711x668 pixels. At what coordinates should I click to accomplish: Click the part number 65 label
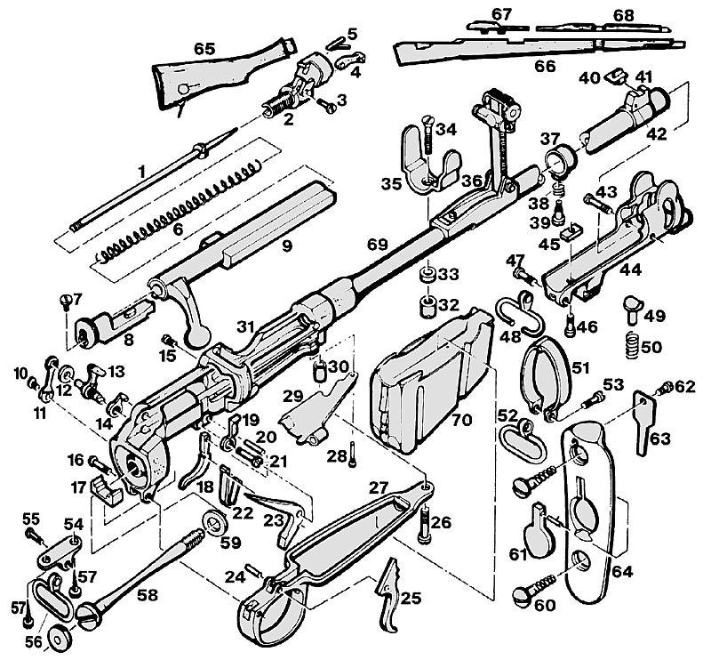click(x=204, y=49)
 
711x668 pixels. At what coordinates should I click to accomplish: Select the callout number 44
click(x=631, y=270)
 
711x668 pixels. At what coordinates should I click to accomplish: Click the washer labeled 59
click(x=214, y=523)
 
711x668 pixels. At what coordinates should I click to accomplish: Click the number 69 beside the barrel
click(x=378, y=245)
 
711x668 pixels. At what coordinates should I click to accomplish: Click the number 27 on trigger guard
click(x=379, y=487)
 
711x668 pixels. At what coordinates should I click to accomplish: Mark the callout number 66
click(x=545, y=66)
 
